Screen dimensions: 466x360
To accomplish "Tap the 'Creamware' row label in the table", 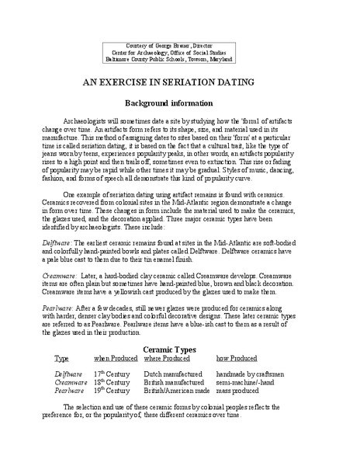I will click(68, 382).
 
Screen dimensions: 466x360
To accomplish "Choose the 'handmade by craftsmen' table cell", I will click(253, 374).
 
